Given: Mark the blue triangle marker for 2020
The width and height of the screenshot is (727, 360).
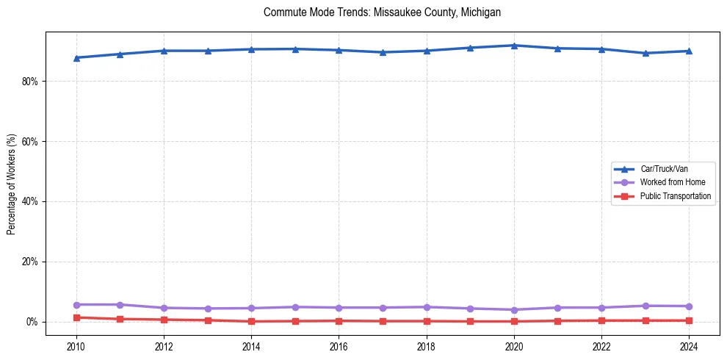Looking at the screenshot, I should click(x=514, y=46).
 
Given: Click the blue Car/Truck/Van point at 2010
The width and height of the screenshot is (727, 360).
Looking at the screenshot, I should click(x=76, y=58).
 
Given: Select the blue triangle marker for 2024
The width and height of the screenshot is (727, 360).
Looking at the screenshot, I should click(x=689, y=51).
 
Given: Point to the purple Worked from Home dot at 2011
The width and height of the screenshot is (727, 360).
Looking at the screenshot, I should click(x=120, y=304).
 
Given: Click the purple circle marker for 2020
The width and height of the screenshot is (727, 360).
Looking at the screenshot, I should click(x=514, y=310).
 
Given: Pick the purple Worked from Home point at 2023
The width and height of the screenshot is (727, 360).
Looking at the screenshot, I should click(x=645, y=306).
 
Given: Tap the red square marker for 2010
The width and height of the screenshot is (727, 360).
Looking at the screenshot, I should click(x=76, y=317).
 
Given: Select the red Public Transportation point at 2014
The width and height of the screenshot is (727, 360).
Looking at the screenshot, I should click(x=251, y=321).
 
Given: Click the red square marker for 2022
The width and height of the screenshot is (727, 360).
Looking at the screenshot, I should click(x=601, y=320).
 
